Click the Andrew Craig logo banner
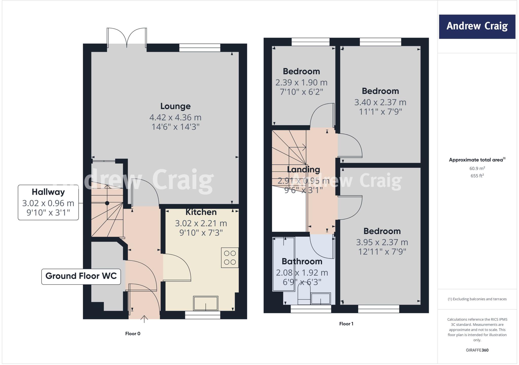point(477,27)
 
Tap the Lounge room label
point(175,106)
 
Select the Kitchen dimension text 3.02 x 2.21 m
point(201,223)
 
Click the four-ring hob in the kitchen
point(230,258)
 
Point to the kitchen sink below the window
point(206,303)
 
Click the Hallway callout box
point(48,202)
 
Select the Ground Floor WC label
point(81,276)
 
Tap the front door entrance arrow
point(144,319)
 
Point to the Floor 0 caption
point(133,334)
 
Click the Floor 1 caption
point(346,324)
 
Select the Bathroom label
point(302,261)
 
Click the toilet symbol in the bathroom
point(304,294)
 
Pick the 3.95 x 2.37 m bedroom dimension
point(382,242)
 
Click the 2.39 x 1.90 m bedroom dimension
point(301,83)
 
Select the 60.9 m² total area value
point(477,168)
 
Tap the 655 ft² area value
point(477,176)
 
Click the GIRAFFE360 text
point(477,350)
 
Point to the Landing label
point(303,169)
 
